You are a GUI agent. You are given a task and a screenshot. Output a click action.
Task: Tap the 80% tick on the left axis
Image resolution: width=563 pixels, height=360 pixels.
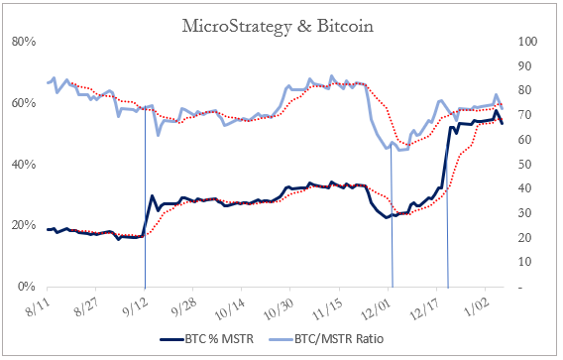tap(24, 42)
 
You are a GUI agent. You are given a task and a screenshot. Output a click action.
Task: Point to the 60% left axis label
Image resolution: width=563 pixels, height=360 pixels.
tap(24, 103)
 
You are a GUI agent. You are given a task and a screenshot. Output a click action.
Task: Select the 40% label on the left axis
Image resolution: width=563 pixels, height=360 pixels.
tap(24, 165)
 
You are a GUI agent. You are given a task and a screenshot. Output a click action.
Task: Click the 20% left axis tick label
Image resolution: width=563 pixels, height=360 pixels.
tap(24, 226)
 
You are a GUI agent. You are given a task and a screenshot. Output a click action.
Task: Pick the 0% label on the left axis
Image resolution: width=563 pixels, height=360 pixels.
tap(27, 288)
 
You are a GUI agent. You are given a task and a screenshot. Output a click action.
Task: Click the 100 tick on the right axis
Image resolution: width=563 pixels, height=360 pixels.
tap(527, 42)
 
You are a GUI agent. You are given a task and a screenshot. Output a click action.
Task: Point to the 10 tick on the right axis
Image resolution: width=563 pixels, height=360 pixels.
tap(524, 263)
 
